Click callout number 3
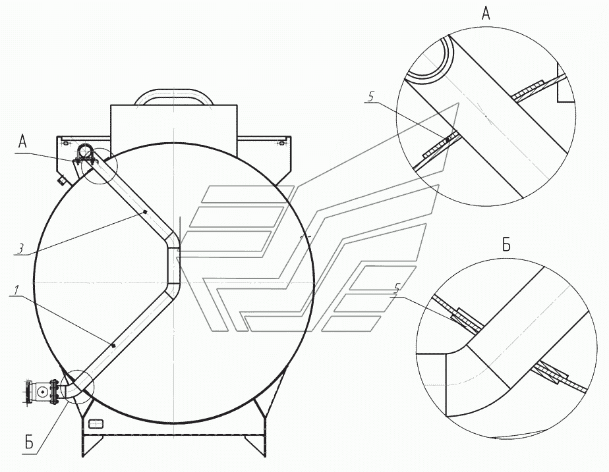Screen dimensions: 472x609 (21, 249)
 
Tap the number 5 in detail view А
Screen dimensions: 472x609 (371, 97)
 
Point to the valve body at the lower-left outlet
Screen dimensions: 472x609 (42, 392)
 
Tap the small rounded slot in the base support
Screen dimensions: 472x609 (96, 423)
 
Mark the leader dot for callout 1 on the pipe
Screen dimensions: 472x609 (114, 344)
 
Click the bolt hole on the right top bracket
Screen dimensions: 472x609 (281, 142)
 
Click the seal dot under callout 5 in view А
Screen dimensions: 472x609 (448, 139)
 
